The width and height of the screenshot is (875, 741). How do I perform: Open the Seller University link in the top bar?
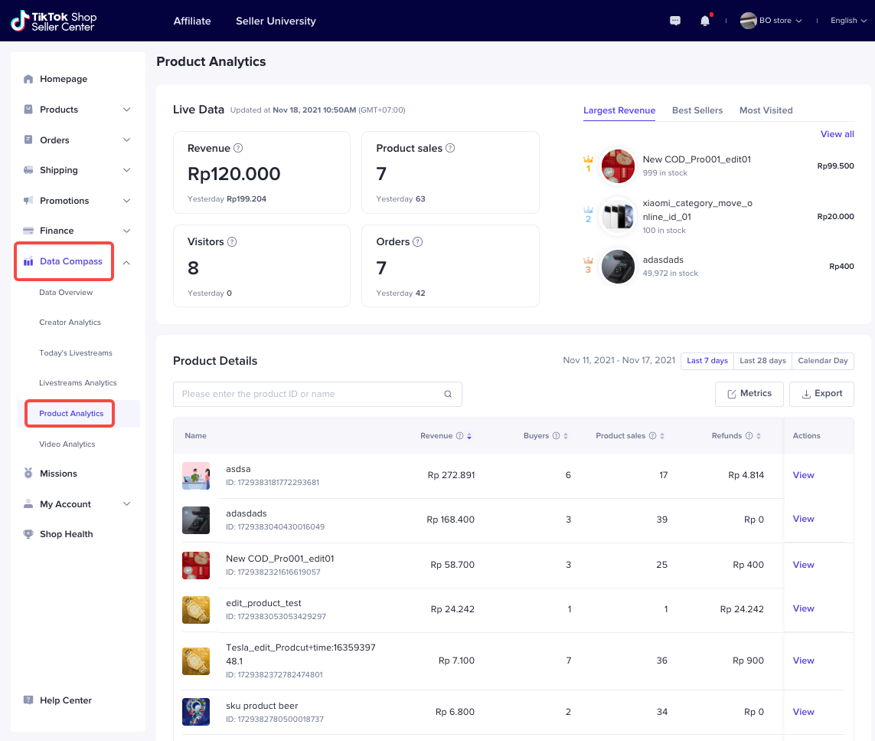[276, 21]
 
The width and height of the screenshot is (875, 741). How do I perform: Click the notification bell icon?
[705, 21]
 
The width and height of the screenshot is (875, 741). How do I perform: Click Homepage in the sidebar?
[64, 79]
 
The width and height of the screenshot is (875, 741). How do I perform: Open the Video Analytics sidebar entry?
[67, 444]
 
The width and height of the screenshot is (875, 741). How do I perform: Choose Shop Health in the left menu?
[66, 534]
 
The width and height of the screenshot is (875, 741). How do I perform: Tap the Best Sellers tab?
[697, 110]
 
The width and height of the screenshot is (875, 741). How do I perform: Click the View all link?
[837, 134]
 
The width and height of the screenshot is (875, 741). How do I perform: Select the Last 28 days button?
[762, 361]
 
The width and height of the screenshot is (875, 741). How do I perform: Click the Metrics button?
[749, 394]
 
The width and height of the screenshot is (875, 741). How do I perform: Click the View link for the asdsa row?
[803, 475]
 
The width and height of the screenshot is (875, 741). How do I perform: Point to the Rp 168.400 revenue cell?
[450, 520]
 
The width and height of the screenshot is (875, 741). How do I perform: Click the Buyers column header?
[536, 436]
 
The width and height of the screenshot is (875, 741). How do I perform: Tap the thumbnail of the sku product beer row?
[196, 712]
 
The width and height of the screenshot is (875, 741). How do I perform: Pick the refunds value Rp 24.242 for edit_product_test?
[742, 609]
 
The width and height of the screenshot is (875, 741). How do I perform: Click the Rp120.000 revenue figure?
[234, 174]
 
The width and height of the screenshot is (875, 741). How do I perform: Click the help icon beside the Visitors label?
[232, 242]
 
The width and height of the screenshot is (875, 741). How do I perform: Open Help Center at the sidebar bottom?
[65, 700]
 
